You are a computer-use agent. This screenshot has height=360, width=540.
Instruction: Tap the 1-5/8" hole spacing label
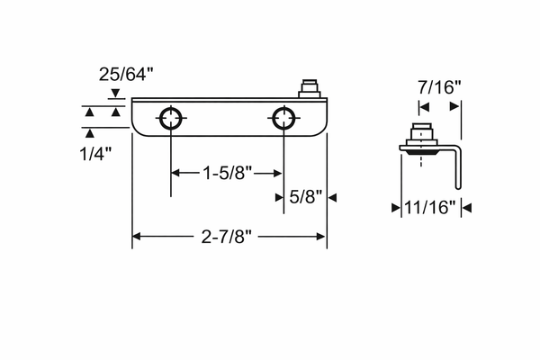point(227,171)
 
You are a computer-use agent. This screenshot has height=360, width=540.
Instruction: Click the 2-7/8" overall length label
point(229,237)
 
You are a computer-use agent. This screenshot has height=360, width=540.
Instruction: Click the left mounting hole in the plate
point(171,117)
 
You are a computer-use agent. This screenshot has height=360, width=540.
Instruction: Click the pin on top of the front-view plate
point(309,88)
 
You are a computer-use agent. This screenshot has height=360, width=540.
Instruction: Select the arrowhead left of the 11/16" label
point(395,208)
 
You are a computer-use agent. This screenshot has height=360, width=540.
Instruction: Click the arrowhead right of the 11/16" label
point(465,208)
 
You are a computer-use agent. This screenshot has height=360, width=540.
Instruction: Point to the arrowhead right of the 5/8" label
point(331,197)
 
